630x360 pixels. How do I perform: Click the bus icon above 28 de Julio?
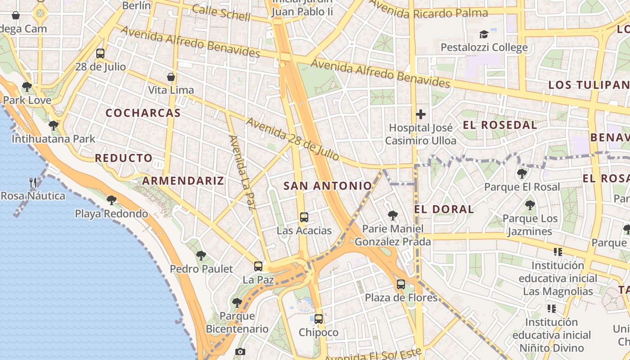(100, 54)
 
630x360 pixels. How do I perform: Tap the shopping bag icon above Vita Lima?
(171, 77)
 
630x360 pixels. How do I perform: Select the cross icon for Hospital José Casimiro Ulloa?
(421, 114)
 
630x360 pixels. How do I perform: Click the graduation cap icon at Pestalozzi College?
(484, 34)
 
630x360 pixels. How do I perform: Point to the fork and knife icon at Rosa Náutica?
(33, 182)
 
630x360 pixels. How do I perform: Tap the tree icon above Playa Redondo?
(111, 200)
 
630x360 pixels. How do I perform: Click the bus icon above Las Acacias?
(304, 217)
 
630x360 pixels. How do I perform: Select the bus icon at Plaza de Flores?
(401, 284)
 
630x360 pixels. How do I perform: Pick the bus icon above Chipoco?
(319, 319)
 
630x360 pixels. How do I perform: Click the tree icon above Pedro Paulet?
(201, 256)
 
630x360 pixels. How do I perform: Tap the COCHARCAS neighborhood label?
(143, 113)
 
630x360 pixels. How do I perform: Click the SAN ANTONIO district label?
(328, 185)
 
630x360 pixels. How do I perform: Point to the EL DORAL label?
(444, 209)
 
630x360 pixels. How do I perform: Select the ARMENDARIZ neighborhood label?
(183, 181)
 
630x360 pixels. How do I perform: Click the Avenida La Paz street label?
(242, 172)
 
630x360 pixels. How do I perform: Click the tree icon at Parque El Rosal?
(522, 173)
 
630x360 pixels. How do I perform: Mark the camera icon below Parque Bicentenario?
(240, 351)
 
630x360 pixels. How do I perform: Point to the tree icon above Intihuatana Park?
(54, 125)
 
